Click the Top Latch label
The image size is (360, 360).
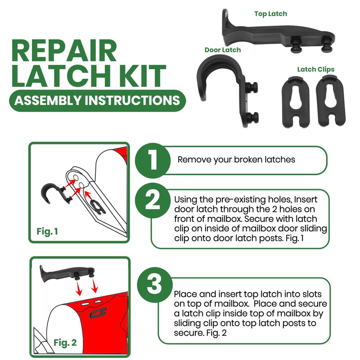270,14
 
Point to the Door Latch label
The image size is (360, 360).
222,49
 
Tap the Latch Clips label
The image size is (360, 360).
315,69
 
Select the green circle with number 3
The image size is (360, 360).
154,284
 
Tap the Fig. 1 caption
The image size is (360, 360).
47,232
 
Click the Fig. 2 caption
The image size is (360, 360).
65,342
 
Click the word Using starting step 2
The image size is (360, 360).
185,198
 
